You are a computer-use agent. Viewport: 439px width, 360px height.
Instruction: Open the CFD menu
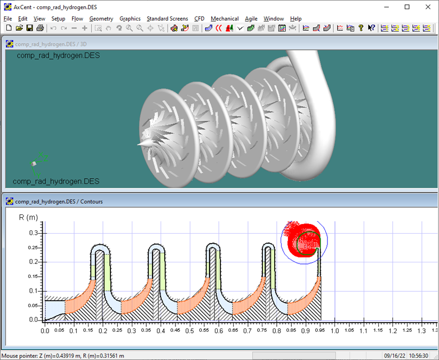tap(199, 19)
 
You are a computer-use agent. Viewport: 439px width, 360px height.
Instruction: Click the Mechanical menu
tap(225, 19)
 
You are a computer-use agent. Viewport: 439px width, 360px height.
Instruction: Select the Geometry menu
tap(101, 19)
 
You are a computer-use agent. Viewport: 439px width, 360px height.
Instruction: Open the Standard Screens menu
tap(167, 19)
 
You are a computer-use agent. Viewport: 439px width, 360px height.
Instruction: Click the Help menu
tap(296, 19)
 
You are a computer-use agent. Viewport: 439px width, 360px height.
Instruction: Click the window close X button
tap(427, 7)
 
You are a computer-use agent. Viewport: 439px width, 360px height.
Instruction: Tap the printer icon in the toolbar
tap(39, 28)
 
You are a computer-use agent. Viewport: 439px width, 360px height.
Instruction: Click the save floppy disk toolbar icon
tap(29, 28)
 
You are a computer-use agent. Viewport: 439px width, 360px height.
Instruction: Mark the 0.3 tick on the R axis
tap(34, 233)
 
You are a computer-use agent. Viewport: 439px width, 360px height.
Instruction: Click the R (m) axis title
tap(28, 218)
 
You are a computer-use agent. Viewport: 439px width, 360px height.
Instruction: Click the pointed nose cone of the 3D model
tap(141, 144)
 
